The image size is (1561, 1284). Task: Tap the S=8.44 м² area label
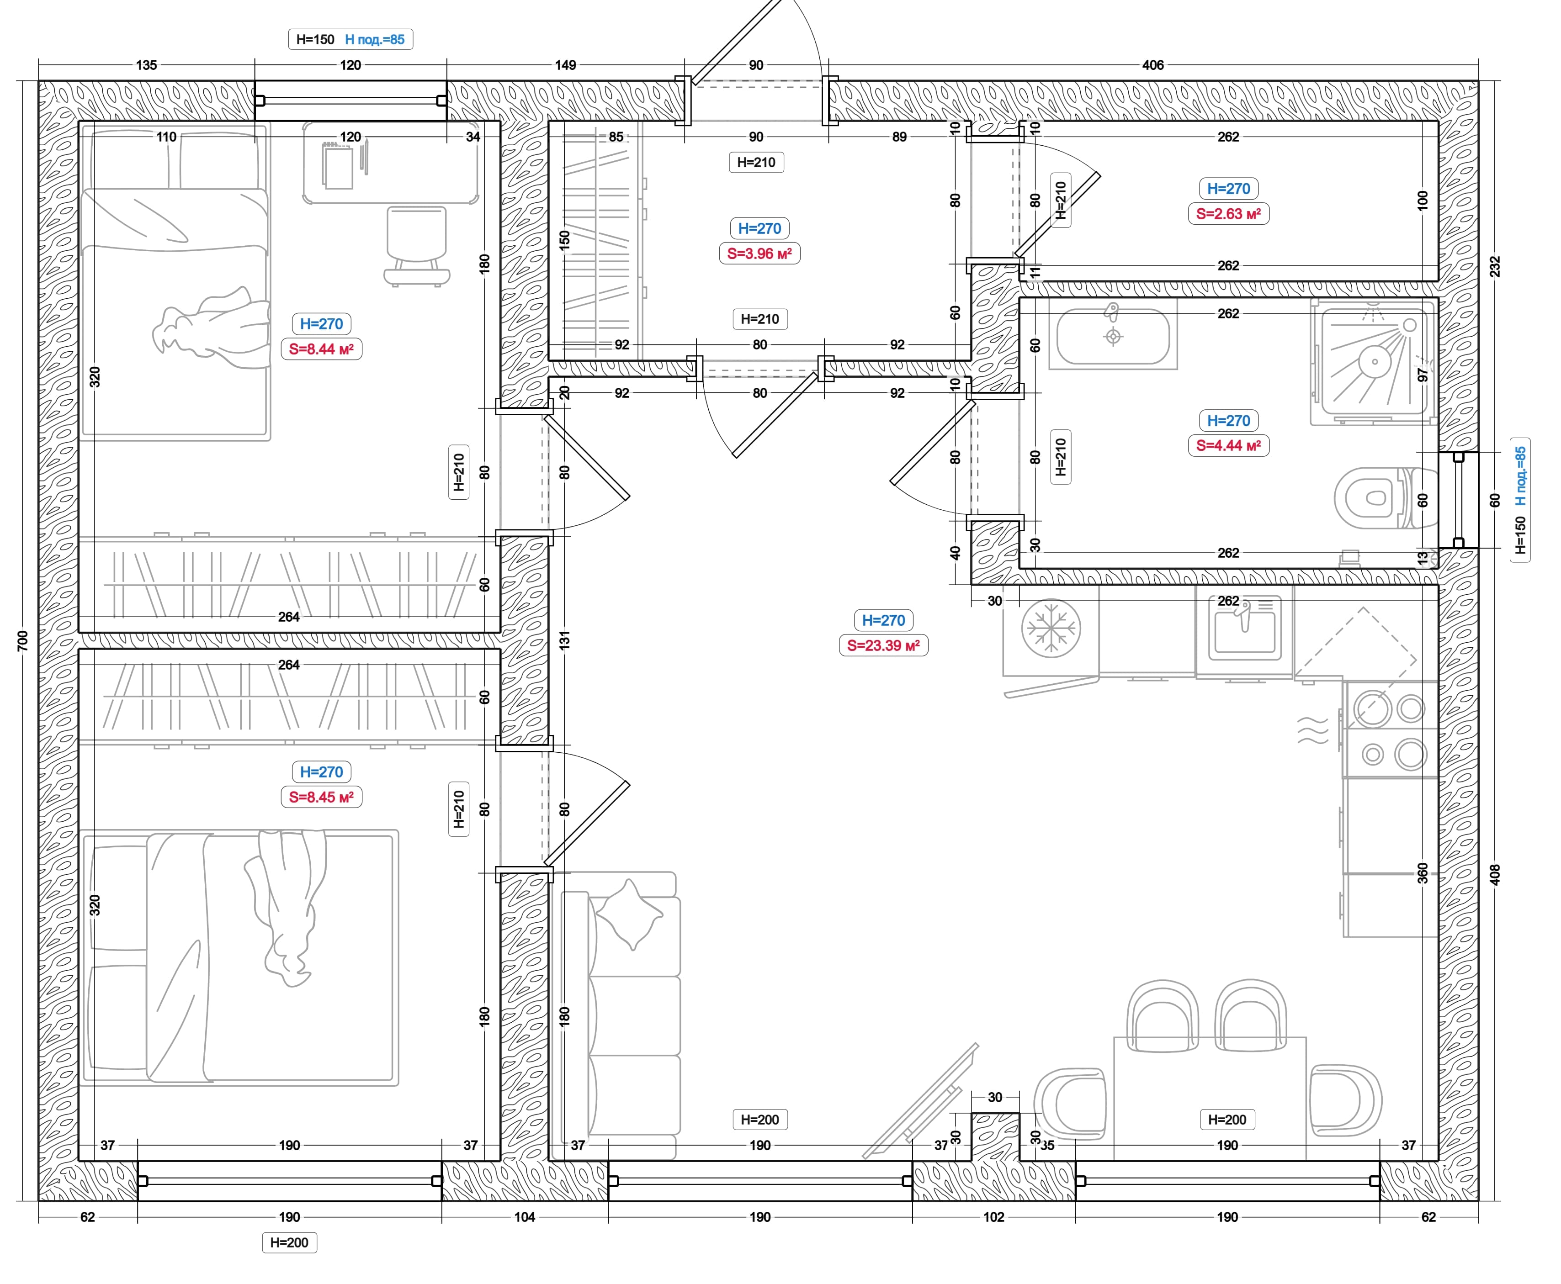click(x=321, y=349)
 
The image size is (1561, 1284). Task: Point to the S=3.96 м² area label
click(x=759, y=253)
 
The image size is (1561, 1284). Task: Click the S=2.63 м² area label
click(x=1228, y=214)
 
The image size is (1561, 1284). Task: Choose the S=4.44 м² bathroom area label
click(x=1228, y=445)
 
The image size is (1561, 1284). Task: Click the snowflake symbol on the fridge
click(x=1051, y=629)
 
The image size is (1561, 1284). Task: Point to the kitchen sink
click(x=1245, y=629)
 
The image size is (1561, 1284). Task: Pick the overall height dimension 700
click(x=22, y=640)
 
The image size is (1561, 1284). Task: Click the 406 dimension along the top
click(x=1152, y=65)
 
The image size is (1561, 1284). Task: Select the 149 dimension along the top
click(x=565, y=65)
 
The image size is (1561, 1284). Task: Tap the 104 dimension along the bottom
click(x=525, y=1217)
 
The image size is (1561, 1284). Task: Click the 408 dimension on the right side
click(x=1494, y=875)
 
